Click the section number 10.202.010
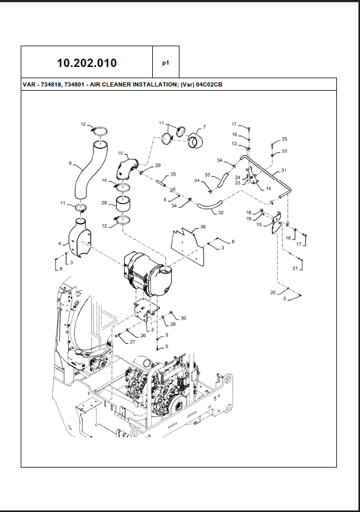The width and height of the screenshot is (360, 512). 86,63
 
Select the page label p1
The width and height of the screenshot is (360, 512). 166,62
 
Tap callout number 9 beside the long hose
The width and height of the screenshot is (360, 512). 70,163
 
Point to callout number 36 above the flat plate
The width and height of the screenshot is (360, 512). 202,226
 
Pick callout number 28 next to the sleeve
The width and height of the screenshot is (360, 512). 104,203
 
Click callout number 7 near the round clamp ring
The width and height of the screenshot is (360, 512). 204,127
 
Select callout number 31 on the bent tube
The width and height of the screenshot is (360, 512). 284,171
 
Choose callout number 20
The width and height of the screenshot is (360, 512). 272,293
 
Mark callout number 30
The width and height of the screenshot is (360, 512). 184,318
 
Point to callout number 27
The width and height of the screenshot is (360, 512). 132,342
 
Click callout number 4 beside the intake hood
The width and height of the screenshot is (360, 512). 59,243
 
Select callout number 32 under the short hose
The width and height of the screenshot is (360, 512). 221,212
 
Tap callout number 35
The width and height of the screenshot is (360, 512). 173,174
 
